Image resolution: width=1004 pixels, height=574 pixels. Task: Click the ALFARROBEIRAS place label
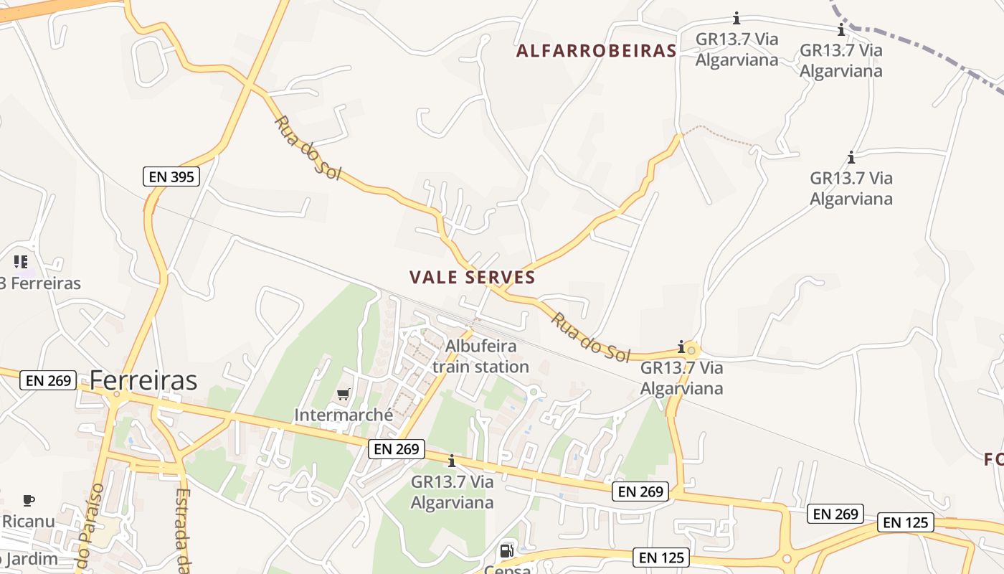[596, 51]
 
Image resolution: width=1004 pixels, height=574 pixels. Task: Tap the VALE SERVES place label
[473, 278]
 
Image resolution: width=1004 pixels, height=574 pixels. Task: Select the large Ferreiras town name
[143, 380]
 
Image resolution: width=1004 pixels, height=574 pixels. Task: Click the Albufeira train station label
[480, 357]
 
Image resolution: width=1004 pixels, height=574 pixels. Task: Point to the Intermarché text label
[344, 415]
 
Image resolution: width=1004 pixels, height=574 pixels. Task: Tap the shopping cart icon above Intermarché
[344, 394]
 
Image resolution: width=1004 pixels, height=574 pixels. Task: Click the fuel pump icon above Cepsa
[506, 551]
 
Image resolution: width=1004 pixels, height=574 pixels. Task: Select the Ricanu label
[28, 521]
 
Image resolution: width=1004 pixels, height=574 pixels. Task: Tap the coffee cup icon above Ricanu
[28, 500]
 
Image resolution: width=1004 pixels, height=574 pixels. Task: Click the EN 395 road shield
[171, 177]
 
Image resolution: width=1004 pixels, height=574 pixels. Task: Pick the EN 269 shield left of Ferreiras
[49, 380]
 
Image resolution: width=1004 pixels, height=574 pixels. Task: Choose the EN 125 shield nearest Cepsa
[661, 557]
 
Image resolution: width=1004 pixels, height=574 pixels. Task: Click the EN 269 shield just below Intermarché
[397, 449]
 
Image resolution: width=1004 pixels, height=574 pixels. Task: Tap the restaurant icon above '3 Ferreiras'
[21, 262]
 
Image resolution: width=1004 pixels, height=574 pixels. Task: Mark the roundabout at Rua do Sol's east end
[691, 350]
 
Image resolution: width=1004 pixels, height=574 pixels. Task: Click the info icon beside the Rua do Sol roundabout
[681, 347]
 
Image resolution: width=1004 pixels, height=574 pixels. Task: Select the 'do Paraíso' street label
[90, 527]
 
